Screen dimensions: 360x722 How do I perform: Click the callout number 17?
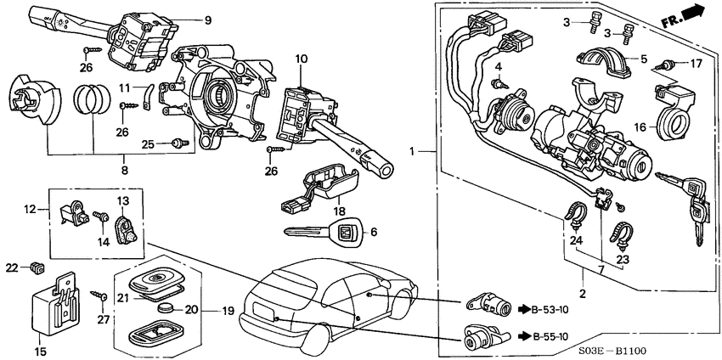tap(696, 63)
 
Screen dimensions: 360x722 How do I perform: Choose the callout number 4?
tap(499, 66)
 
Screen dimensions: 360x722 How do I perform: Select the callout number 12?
tap(27, 208)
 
